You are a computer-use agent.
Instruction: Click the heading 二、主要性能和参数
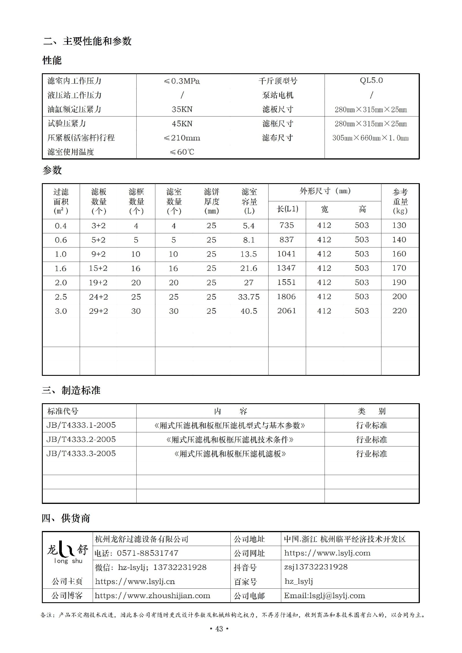click(x=87, y=41)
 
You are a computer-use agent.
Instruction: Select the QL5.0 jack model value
click(x=371, y=80)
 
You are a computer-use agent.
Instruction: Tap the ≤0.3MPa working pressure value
click(x=182, y=81)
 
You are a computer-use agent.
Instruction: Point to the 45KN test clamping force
click(x=182, y=124)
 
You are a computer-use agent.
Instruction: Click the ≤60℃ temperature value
click(x=182, y=152)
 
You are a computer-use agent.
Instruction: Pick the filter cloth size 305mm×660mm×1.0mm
click(x=370, y=138)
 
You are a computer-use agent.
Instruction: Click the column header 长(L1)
click(x=287, y=209)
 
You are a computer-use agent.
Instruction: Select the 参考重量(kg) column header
click(x=400, y=201)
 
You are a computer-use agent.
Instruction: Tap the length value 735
click(x=287, y=225)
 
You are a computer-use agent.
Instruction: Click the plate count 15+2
click(x=98, y=269)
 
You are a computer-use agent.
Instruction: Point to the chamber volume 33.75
click(x=249, y=297)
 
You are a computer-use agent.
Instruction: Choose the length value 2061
click(x=287, y=311)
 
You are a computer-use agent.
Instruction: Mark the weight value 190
click(x=399, y=282)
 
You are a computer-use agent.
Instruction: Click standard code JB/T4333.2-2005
click(x=81, y=439)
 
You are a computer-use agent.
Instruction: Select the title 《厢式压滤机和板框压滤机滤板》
click(x=230, y=454)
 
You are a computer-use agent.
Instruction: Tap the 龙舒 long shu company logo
click(x=68, y=553)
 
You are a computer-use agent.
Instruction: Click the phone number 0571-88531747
click(x=148, y=553)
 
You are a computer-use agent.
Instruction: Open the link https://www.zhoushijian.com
click(x=152, y=596)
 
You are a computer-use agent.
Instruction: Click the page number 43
click(x=219, y=629)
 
